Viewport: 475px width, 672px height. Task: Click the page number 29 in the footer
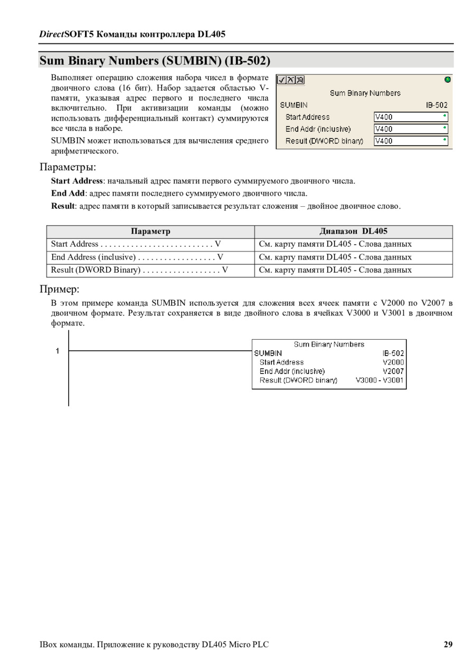coord(448,644)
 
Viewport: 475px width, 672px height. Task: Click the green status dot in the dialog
coord(448,80)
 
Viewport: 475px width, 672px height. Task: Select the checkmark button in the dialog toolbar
coord(282,80)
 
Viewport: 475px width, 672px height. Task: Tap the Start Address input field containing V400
coord(411,117)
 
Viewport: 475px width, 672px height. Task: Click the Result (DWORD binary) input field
coord(411,141)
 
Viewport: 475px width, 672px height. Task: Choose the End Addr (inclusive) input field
coord(411,129)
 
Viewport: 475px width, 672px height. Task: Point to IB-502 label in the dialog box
coord(436,105)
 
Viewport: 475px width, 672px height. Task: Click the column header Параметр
coord(150,232)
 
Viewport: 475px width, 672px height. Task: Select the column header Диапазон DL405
coord(353,232)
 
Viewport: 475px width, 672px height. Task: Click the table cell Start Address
coord(75,244)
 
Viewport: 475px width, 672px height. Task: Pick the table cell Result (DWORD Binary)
coord(96,270)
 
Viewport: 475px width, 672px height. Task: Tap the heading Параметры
coord(68,167)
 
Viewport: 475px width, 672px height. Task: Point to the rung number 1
coord(58,351)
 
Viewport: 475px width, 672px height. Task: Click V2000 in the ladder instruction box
coord(393,362)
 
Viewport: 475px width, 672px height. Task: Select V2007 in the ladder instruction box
coord(393,371)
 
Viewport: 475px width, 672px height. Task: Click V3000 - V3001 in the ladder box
coord(379,380)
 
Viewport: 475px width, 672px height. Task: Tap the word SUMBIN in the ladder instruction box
coord(268,353)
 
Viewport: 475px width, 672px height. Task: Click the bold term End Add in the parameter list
coord(68,194)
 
